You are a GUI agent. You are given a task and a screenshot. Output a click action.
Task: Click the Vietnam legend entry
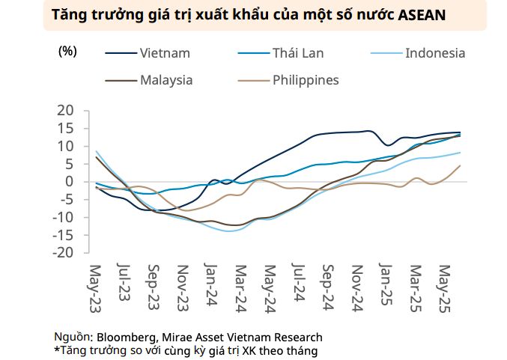(x=164, y=52)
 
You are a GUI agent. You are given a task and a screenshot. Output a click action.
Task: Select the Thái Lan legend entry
(x=297, y=52)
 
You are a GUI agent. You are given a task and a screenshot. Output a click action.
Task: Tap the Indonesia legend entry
(x=434, y=52)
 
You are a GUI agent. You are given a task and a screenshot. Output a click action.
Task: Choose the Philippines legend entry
(x=306, y=80)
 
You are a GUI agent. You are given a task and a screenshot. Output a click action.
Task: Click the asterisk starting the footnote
(x=56, y=350)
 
